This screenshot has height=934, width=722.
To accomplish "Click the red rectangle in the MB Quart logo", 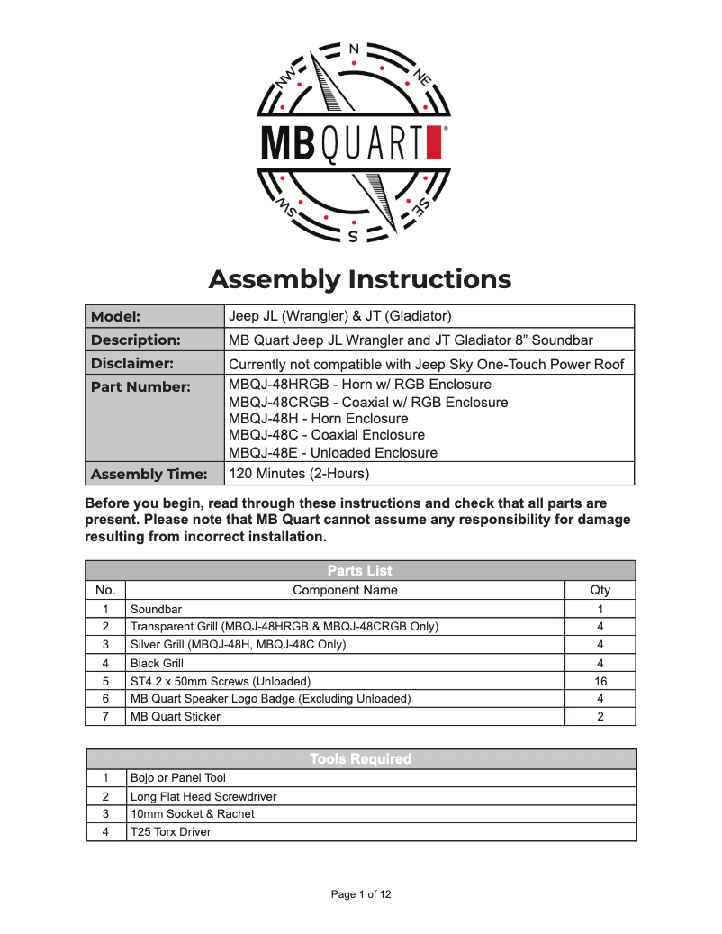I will coord(434,142).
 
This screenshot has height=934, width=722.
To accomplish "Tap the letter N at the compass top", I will coord(353,48).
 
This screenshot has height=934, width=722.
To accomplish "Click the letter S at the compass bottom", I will coord(353,238).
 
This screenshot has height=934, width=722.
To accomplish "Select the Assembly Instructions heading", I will coord(360,279).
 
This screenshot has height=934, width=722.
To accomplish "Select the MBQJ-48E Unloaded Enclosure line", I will coord(333,453).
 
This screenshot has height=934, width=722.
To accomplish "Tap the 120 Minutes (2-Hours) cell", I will coord(299,474).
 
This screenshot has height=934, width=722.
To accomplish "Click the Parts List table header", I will coord(360,570).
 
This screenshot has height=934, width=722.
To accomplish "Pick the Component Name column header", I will coord(345,590).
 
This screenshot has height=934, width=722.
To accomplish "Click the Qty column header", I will coord(600,590).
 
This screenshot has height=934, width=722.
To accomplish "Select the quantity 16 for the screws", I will coord(600,681).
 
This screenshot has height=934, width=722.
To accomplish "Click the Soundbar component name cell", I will coord(156,609).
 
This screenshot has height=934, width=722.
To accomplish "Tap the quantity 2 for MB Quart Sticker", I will coord(600,717).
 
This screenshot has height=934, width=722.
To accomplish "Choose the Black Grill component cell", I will coord(158,663).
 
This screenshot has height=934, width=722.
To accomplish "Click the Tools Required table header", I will coord(360,759).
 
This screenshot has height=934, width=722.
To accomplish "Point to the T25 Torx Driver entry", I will coord(171,832).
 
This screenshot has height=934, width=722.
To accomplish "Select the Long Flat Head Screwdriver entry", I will coord(203,796).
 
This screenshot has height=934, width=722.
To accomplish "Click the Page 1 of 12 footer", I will coord(360,894).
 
